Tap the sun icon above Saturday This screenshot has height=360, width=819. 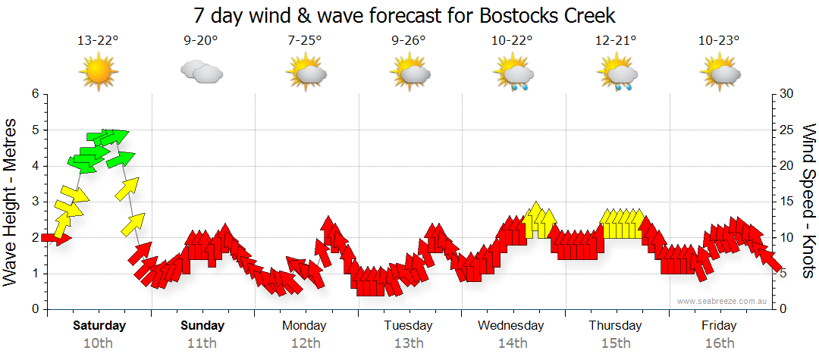point(99,74)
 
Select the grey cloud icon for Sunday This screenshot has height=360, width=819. point(201,73)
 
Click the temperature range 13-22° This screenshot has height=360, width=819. point(99,41)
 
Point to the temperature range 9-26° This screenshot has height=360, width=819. point(409,41)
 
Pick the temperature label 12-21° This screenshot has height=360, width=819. point(616,41)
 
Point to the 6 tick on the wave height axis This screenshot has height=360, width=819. point(34,94)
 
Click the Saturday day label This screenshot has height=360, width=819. point(99,326)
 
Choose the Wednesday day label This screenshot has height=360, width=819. point(511,326)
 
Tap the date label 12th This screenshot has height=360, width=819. point(305,343)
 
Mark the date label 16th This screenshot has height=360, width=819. point(719,343)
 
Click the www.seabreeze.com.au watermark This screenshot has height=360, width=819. point(723,301)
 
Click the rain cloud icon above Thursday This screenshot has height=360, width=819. point(620,75)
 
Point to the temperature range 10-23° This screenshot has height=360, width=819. point(719,41)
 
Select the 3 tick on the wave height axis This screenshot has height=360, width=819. point(34,202)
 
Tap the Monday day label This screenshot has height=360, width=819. point(304,326)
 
